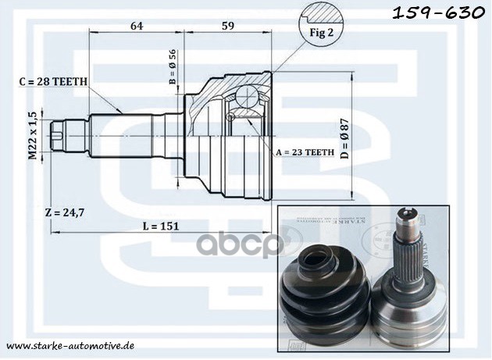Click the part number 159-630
click(x=441, y=13)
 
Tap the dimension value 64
click(x=137, y=26)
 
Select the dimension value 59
click(x=228, y=26)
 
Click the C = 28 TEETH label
click(x=53, y=80)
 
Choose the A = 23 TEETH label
click(x=304, y=151)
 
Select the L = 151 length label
click(x=160, y=226)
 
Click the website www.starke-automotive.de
click(x=70, y=344)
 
